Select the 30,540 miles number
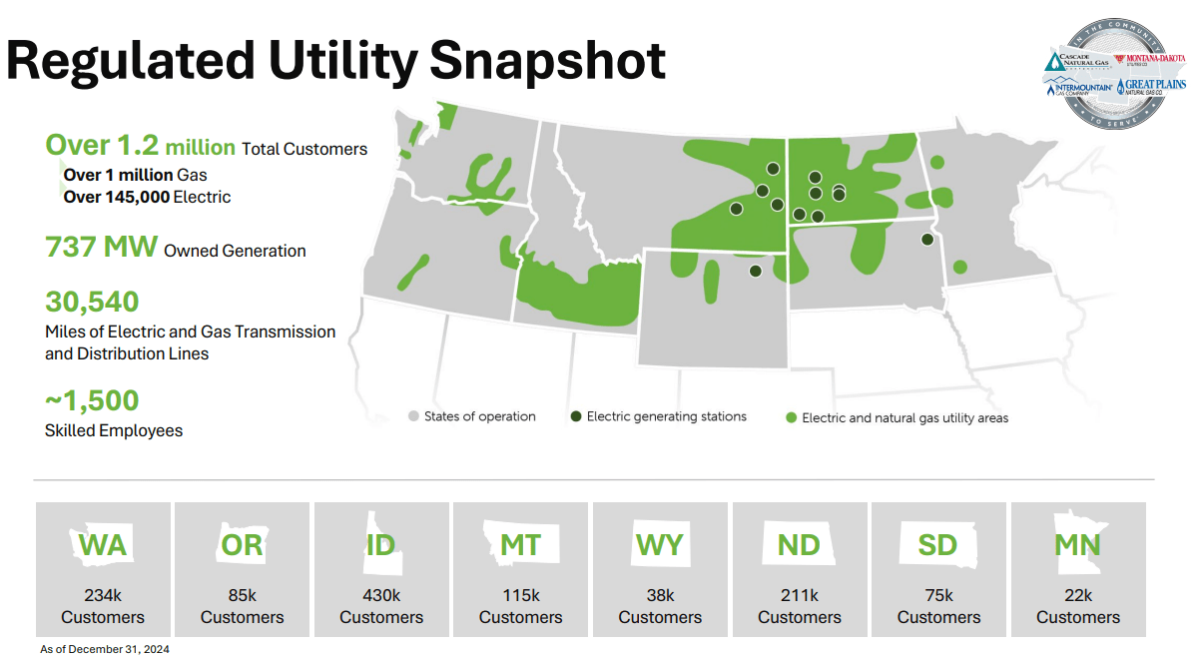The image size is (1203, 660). click(x=92, y=302)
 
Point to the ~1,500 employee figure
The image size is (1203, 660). click(x=92, y=401)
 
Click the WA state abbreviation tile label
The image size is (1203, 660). click(x=103, y=545)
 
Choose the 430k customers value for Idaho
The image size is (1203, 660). click(x=381, y=595)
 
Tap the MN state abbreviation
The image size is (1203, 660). click(x=1078, y=545)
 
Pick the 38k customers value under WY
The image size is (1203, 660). click(x=660, y=595)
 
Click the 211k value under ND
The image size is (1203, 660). click(x=800, y=595)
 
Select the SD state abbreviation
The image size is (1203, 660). click(x=937, y=545)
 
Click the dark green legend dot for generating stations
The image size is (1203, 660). click(x=576, y=416)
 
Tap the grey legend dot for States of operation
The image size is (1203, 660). click(x=413, y=416)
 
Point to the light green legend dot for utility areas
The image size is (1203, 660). click(x=792, y=418)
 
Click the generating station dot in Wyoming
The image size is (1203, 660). click(x=755, y=271)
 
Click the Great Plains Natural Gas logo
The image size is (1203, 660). click(x=1152, y=87)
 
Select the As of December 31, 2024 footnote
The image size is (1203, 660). click(x=98, y=649)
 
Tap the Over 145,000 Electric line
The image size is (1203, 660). click(x=147, y=197)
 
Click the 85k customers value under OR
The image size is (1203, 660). click(x=242, y=595)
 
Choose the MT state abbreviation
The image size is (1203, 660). click(x=520, y=545)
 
